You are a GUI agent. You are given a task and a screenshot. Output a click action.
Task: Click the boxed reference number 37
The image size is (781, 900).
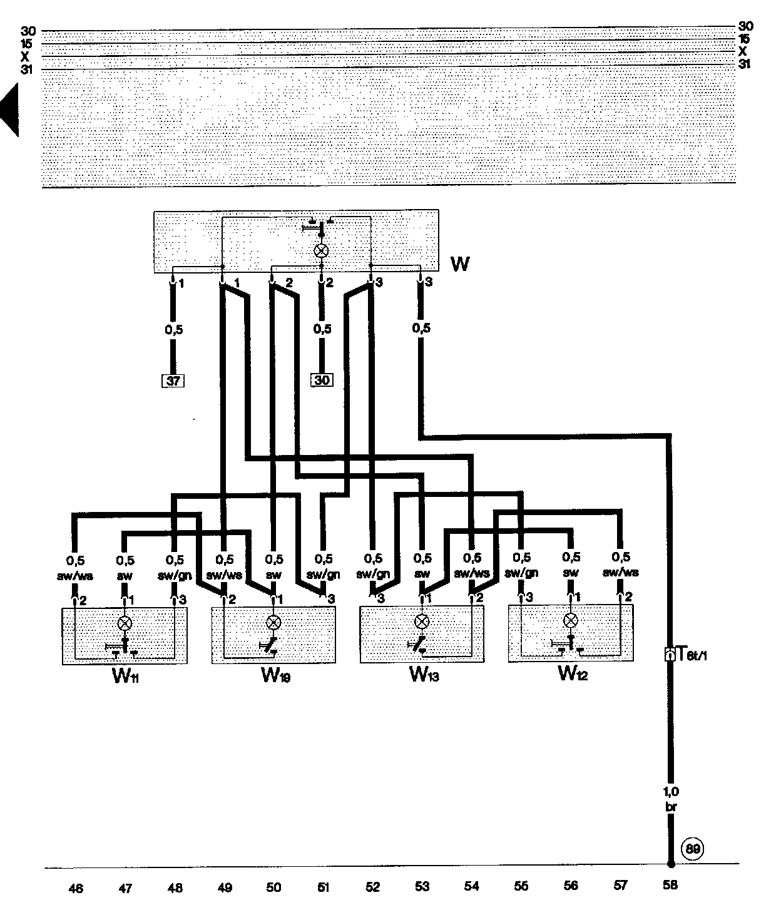tap(174, 380)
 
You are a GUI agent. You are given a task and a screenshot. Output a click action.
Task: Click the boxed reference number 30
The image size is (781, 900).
tap(322, 380)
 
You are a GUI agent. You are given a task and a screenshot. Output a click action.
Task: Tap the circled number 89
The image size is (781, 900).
tap(693, 849)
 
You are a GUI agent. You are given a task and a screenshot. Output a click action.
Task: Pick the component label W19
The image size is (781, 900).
tap(275, 677)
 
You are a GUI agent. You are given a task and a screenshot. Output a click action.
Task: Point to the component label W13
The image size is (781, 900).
tap(424, 675)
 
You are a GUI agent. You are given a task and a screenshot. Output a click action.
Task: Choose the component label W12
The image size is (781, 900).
tap(573, 673)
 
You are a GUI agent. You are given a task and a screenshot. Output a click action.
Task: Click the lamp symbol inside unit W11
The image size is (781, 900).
tap(125, 623)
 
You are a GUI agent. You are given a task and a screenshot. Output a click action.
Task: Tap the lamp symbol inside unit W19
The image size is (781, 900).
tap(273, 622)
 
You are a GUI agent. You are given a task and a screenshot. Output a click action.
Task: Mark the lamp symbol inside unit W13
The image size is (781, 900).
tap(422, 621)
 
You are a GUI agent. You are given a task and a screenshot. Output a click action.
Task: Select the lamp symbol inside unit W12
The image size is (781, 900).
tap(570, 620)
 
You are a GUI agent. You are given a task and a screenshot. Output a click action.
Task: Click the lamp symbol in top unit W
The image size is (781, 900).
tap(321, 251)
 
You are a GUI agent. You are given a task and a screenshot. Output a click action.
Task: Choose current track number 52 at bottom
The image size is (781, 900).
tap(372, 886)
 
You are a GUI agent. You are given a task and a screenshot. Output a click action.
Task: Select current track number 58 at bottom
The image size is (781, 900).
tap(670, 886)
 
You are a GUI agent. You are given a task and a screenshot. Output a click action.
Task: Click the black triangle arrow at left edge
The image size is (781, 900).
tap(9, 111)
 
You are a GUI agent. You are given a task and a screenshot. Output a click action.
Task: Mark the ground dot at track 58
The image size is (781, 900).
tap(670, 866)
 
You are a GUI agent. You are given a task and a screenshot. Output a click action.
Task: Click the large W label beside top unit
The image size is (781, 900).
tap(460, 264)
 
